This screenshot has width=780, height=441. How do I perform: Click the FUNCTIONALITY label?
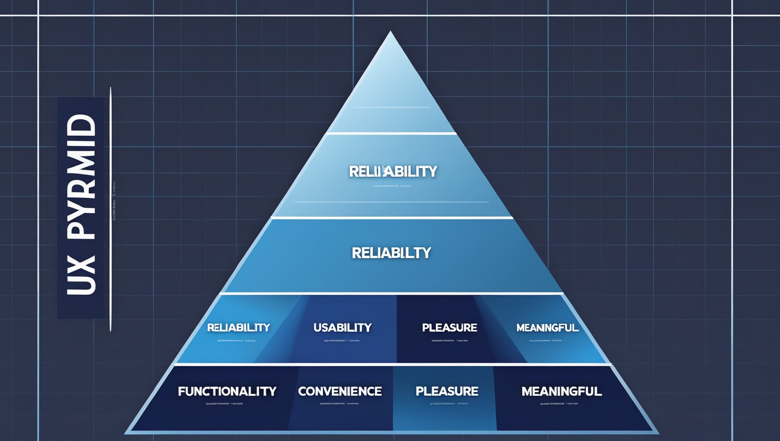pyautogui.click(x=227, y=391)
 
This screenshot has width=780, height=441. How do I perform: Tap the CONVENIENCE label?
pyautogui.click(x=340, y=391)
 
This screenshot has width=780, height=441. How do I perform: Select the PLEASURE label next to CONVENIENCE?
pyautogui.click(x=447, y=391)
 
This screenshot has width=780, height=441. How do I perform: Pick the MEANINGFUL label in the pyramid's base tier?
pyautogui.click(x=561, y=391)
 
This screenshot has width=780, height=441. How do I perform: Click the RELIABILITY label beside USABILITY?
pyautogui.click(x=238, y=328)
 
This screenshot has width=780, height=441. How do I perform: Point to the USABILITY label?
pyautogui.click(x=342, y=328)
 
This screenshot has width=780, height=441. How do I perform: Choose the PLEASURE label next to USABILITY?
pyautogui.click(x=449, y=328)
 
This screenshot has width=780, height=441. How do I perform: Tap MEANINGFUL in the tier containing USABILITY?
pyautogui.click(x=547, y=328)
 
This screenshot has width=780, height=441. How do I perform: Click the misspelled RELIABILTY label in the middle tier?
pyautogui.click(x=391, y=253)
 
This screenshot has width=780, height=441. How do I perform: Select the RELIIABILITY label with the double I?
pyautogui.click(x=393, y=171)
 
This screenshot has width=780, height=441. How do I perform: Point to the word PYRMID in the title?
pyautogui.click(x=82, y=178)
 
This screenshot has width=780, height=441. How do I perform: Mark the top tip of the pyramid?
pyautogui.click(x=391, y=32)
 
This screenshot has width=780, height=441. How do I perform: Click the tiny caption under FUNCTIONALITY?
pyautogui.click(x=224, y=404)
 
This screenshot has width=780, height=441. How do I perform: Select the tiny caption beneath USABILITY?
pyautogui.click(x=342, y=340)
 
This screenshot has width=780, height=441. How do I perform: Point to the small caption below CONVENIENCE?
pyautogui.click(x=339, y=404)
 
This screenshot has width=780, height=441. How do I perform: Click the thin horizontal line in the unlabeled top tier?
pyautogui.click(x=392, y=108)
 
